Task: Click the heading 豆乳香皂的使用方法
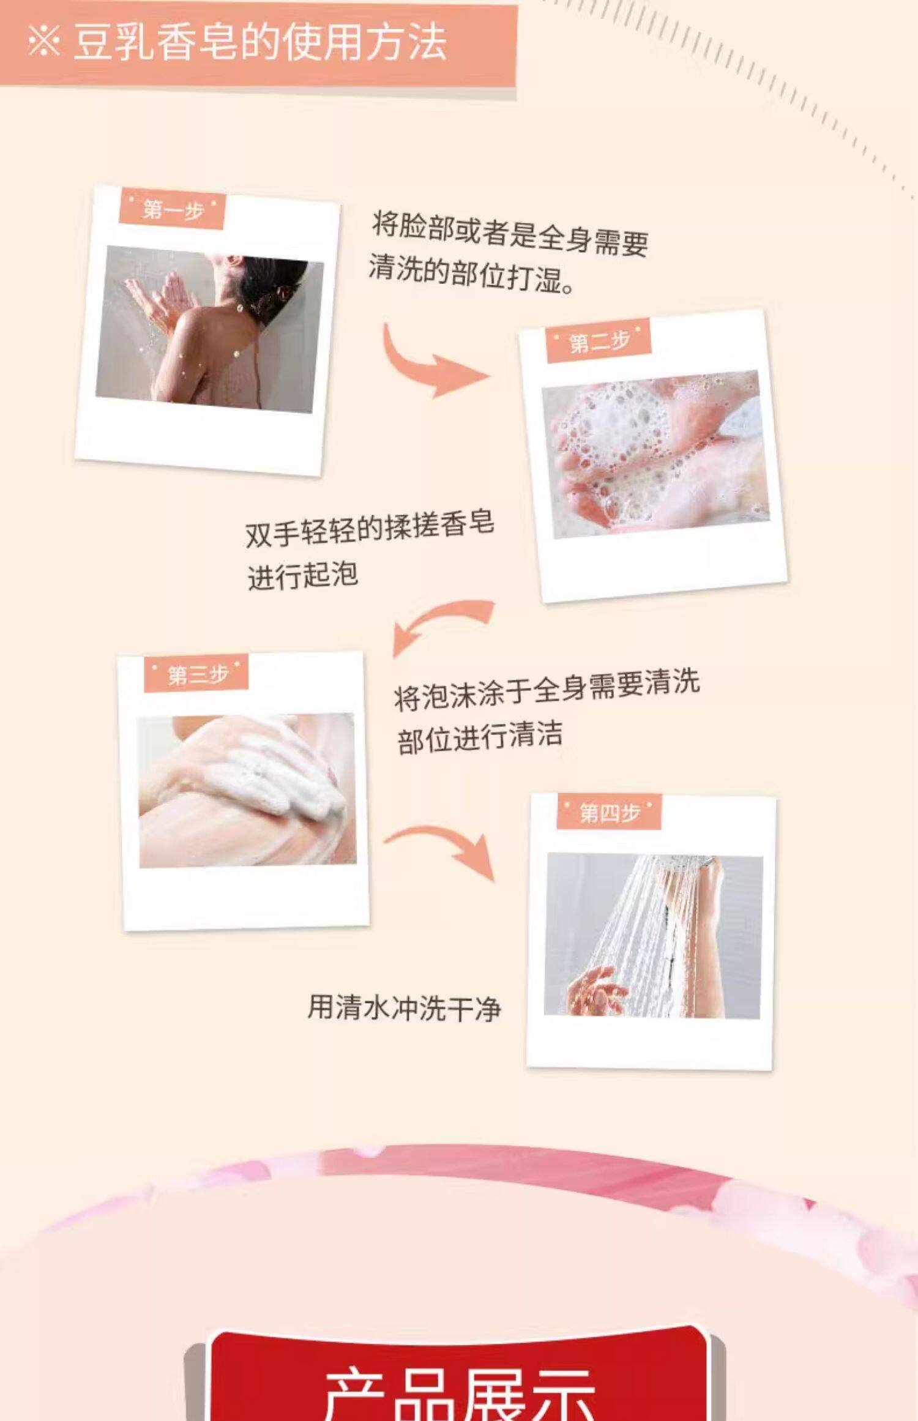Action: tap(259, 43)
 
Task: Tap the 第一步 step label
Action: tap(173, 211)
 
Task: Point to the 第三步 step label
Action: tap(196, 674)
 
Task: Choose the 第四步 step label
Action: tap(609, 813)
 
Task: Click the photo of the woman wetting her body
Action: tap(209, 329)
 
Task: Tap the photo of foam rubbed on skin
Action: tap(247, 791)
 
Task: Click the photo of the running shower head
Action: tap(654, 937)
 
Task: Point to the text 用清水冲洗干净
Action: tap(404, 1008)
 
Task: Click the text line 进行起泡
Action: tap(302, 575)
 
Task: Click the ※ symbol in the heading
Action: tap(44, 42)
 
